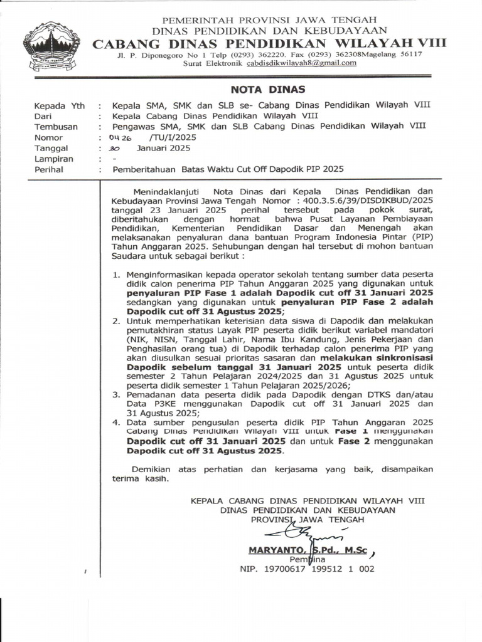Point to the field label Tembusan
tap(56, 127)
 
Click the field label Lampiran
tap(53, 159)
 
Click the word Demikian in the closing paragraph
tap(153, 469)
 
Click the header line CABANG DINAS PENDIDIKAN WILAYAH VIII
tap(269, 43)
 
